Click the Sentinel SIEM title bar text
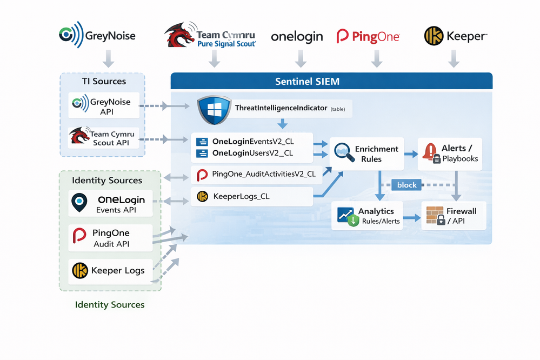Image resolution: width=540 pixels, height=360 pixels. pyautogui.click(x=307, y=82)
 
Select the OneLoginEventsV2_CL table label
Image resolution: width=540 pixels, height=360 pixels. pyautogui.click(x=252, y=142)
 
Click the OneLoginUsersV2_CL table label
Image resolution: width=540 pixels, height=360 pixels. pyautogui.click(x=252, y=153)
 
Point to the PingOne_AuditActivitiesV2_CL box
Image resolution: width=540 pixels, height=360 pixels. pyautogui.click(x=256, y=174)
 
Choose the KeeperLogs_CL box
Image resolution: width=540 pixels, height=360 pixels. pyautogui.click(x=252, y=197)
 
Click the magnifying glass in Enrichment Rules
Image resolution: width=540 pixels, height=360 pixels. pyautogui.click(x=343, y=152)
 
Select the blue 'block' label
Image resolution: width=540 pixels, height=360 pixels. pyautogui.click(x=406, y=185)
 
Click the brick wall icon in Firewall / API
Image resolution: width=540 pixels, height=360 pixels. pyautogui.click(x=435, y=216)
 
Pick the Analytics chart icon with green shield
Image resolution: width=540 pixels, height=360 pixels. pyautogui.click(x=346, y=216)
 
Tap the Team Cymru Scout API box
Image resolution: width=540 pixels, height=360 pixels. pyautogui.click(x=104, y=138)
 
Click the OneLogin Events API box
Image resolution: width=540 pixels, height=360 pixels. pyautogui.click(x=110, y=204)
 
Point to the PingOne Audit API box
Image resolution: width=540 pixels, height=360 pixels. pyautogui.click(x=110, y=238)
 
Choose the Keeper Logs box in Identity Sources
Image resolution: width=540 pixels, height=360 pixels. pyautogui.click(x=110, y=270)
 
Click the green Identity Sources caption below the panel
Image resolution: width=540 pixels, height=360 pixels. pyautogui.click(x=110, y=305)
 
